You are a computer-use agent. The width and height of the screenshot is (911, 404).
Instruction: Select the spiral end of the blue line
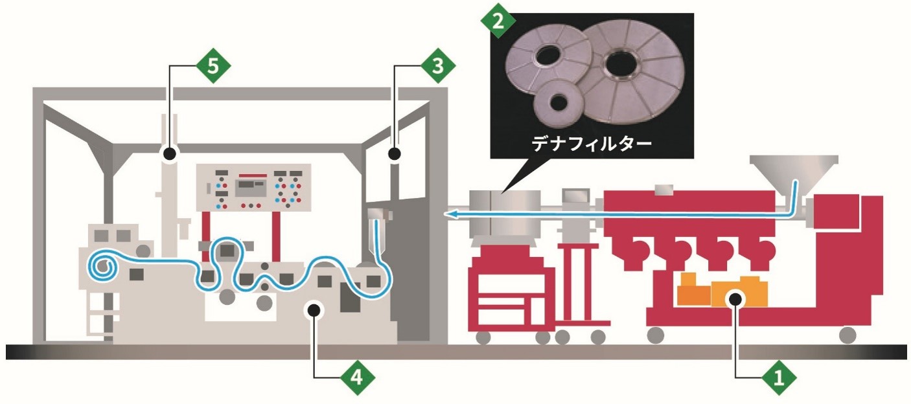[x=102, y=266]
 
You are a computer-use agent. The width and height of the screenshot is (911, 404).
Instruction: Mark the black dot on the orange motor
[x=735, y=298]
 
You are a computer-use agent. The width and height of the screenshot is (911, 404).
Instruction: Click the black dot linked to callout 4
[x=314, y=309]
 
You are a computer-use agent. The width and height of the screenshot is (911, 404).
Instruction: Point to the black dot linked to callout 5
[x=169, y=153]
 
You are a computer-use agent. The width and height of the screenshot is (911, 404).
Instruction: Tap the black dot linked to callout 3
[x=394, y=153]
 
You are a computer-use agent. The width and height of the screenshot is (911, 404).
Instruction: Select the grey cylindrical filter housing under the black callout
[x=505, y=213]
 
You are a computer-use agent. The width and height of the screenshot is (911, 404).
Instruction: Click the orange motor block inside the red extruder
[x=719, y=293]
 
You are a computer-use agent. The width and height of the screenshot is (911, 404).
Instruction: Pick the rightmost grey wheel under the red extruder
[x=847, y=334]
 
